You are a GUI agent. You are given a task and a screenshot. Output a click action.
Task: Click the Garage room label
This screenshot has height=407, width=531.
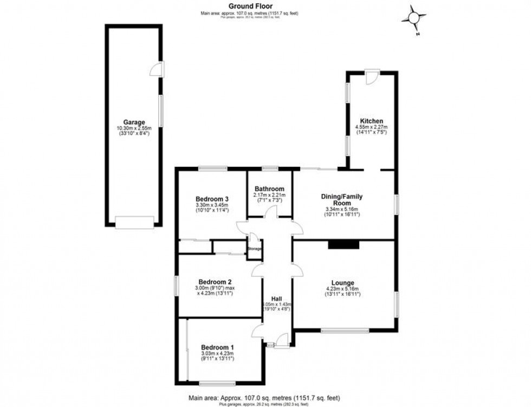point(133,122)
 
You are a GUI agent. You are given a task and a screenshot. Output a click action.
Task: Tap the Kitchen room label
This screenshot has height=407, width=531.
point(372,121)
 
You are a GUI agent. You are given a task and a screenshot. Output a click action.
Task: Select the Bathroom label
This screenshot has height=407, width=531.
point(269,189)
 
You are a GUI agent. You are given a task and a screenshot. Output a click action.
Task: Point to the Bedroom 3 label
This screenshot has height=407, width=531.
point(212,199)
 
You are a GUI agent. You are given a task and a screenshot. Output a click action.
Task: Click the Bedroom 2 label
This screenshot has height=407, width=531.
point(215,282)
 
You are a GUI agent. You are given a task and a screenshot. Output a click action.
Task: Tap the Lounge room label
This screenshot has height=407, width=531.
point(343,283)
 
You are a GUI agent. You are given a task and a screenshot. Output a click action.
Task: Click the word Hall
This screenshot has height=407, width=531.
point(276,299)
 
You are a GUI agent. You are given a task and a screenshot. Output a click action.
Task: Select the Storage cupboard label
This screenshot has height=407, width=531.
point(255,249)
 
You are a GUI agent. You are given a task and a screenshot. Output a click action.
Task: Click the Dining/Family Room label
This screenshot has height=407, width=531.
point(344,199)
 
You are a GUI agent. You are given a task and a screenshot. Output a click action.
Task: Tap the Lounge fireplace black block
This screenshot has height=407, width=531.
point(344,245)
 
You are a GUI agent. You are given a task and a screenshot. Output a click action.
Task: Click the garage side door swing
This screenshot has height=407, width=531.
point(157,69)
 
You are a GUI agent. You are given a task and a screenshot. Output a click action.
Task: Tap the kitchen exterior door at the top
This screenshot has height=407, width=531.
point(373,77)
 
